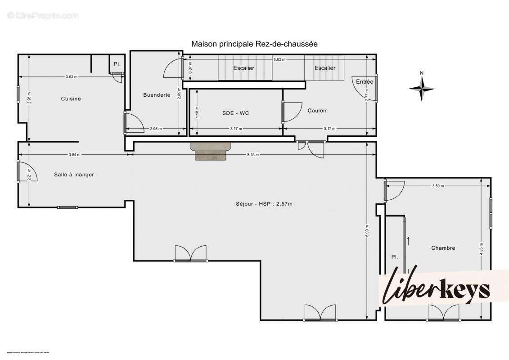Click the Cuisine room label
click(71, 99)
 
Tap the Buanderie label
click(157, 94)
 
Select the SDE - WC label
click(235, 113)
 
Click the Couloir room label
click(317, 110)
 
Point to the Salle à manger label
click(74, 175)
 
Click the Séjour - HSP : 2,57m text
click(264, 204)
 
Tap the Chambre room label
click(443, 248)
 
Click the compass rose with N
click(422, 88)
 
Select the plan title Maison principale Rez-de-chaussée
click(254, 44)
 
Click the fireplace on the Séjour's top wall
click(211, 151)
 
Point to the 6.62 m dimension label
click(279, 59)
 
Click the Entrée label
click(364, 81)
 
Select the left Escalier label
click(243, 68)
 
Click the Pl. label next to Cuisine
click(117, 64)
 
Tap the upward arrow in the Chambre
click(409, 240)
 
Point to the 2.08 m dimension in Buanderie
click(156, 129)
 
